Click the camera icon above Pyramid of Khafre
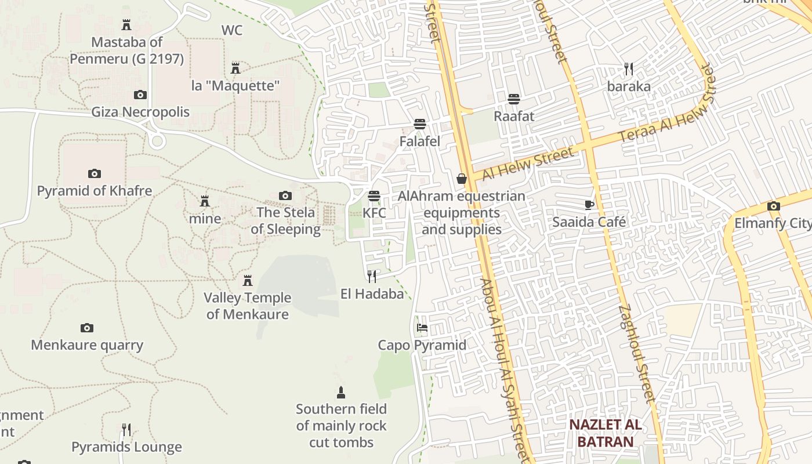(x=95, y=173)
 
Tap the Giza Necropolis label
(x=140, y=112)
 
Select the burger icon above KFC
(x=374, y=196)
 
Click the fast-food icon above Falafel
(x=420, y=124)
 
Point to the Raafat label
(x=514, y=116)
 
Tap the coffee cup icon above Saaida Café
(x=589, y=204)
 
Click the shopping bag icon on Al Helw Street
(x=462, y=179)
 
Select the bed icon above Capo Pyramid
(x=422, y=328)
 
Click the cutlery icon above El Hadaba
(x=372, y=276)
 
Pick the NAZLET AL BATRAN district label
(x=605, y=433)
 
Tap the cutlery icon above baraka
(x=629, y=69)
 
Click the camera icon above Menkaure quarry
(x=87, y=328)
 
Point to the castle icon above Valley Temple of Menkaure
(x=248, y=281)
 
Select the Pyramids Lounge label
(x=126, y=447)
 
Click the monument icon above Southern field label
(x=341, y=393)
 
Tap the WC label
(x=232, y=30)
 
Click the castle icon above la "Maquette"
(x=235, y=68)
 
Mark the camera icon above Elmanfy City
(x=773, y=206)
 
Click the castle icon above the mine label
(x=205, y=201)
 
